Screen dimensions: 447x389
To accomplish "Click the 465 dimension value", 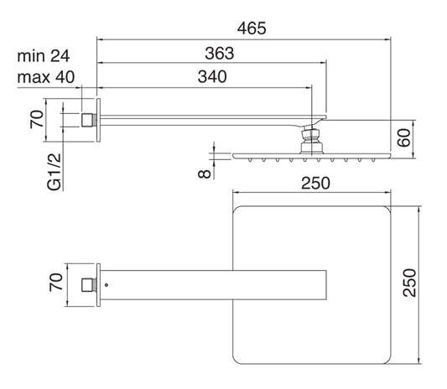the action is (252, 29).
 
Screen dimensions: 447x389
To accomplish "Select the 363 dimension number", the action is (220, 54).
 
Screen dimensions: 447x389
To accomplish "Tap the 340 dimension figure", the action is (212, 76).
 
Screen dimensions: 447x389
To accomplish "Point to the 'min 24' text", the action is (44, 56).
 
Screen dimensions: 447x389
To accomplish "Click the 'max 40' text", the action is (46, 77).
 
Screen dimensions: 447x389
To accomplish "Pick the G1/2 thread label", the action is (55, 172).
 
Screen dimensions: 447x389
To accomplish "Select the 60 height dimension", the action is (404, 138).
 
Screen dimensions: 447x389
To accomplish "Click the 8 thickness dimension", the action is (204, 174).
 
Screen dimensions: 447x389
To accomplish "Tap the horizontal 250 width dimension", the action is (315, 184).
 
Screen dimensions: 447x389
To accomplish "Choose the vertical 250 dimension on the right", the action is (409, 283).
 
